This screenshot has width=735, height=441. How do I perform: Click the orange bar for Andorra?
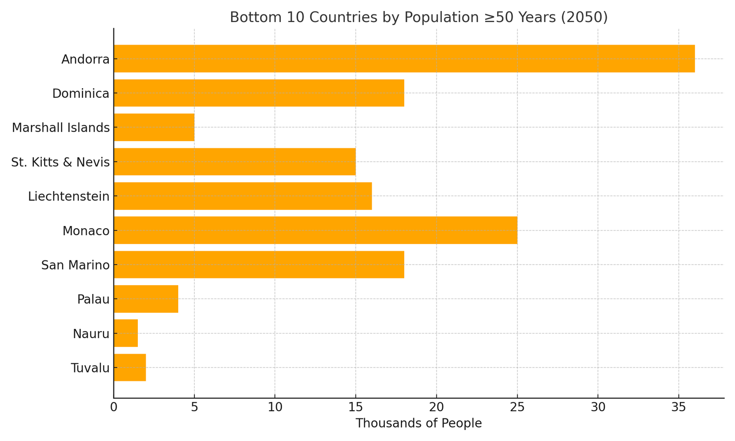click(404, 59)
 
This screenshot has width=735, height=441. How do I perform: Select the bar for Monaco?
click(315, 230)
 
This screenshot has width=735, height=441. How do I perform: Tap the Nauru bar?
click(125, 333)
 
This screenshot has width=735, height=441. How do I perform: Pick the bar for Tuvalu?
click(130, 367)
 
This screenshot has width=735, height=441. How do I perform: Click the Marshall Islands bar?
click(154, 127)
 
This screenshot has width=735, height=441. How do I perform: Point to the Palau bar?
click(146, 299)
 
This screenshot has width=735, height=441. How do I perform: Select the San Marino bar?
click(259, 265)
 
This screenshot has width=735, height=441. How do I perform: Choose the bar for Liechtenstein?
click(243, 196)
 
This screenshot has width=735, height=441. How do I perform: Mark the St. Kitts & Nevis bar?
click(234, 162)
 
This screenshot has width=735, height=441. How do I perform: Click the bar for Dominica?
click(259, 93)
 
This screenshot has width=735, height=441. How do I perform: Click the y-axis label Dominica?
click(81, 94)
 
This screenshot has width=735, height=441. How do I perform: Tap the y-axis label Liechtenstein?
click(69, 197)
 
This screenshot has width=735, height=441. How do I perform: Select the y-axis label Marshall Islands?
click(61, 128)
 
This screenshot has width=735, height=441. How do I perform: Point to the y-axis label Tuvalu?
click(90, 368)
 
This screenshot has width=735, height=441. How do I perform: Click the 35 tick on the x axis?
click(678, 407)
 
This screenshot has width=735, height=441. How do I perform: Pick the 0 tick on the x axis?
click(114, 407)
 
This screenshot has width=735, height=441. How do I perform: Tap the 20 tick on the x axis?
click(436, 407)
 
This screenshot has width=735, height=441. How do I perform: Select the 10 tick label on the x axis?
click(275, 407)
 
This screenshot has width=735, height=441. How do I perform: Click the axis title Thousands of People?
click(418, 424)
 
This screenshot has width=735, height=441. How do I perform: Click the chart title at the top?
click(418, 17)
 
